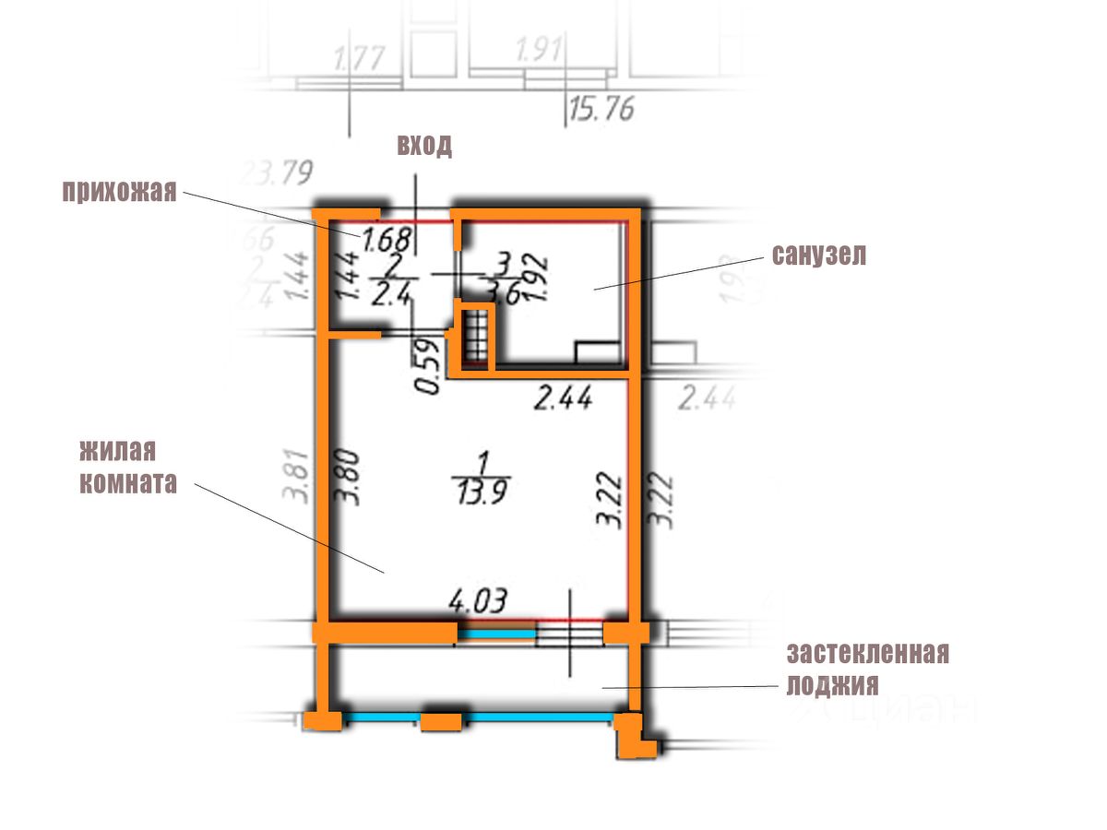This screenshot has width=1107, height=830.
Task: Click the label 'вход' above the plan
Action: [x=424, y=146]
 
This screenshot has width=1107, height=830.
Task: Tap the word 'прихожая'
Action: [x=119, y=192]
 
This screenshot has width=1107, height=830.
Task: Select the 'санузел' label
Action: [x=819, y=256]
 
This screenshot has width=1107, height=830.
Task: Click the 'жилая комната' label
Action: [x=127, y=468]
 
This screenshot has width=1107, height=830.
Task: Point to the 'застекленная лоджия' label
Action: [x=867, y=670]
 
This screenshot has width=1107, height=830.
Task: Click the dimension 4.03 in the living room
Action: [x=479, y=601]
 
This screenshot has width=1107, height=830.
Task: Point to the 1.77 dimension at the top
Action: [x=359, y=64]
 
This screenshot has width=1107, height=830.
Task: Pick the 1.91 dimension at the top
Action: [x=540, y=52]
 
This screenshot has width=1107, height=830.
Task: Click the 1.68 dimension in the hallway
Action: [x=385, y=241]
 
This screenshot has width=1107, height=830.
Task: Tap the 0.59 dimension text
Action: [x=426, y=368]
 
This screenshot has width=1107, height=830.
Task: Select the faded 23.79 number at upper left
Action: [x=278, y=172]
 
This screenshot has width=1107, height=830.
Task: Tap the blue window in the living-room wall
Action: [x=497, y=633]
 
